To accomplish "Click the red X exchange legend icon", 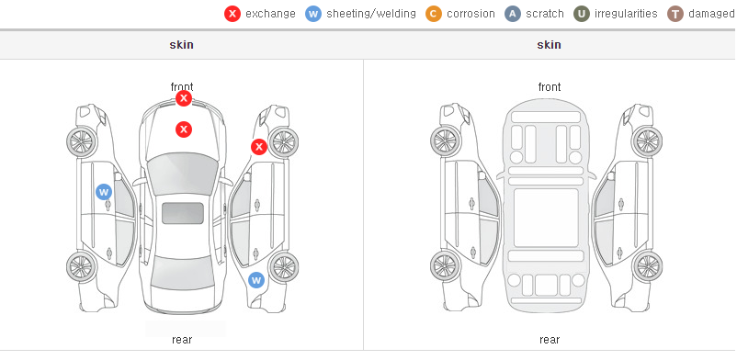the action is click(x=232, y=14).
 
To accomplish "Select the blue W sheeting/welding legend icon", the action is click(x=313, y=14).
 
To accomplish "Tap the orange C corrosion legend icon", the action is click(x=434, y=14).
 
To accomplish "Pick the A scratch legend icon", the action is click(x=513, y=14).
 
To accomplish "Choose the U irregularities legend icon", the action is click(x=582, y=14).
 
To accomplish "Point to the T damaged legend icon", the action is click(x=675, y=14).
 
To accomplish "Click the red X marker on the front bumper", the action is click(x=184, y=98).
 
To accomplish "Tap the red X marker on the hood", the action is click(x=184, y=129).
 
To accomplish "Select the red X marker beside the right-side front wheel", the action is click(x=258, y=147).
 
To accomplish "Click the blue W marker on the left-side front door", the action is click(x=104, y=192).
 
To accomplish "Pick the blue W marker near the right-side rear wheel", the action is click(x=256, y=280).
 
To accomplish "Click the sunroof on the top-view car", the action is click(x=183, y=213).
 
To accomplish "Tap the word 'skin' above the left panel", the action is click(x=181, y=45).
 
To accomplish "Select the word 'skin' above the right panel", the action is click(x=549, y=45).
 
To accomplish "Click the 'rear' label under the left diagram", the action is click(x=182, y=340).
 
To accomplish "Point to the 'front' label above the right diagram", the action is click(x=550, y=87).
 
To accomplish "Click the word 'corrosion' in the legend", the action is click(x=471, y=14).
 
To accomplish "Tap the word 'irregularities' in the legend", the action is click(x=626, y=14).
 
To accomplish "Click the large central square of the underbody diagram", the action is click(x=546, y=218).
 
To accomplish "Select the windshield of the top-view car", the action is click(x=183, y=174).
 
